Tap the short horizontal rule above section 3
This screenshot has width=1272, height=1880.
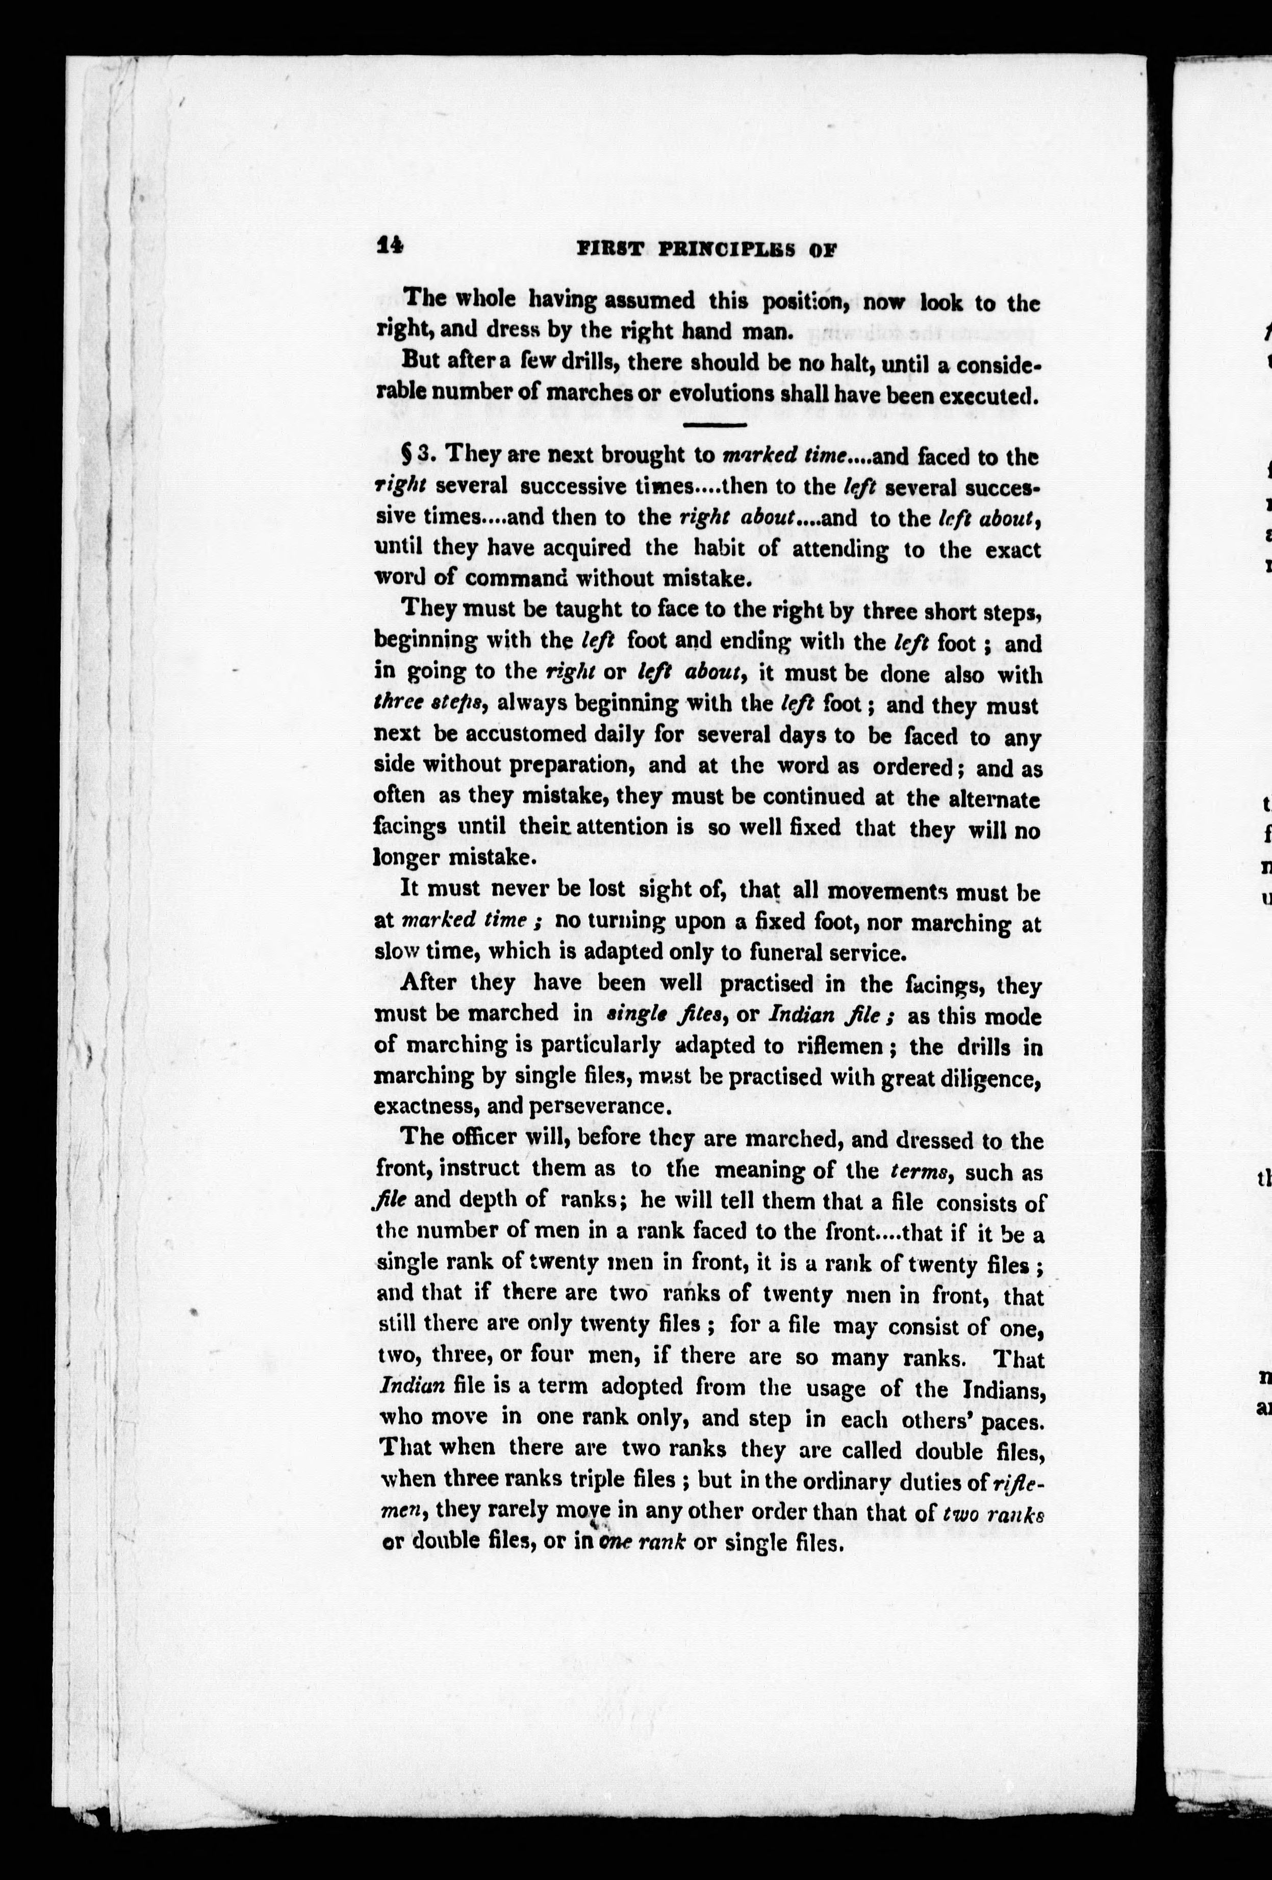pyautogui.click(x=715, y=425)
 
